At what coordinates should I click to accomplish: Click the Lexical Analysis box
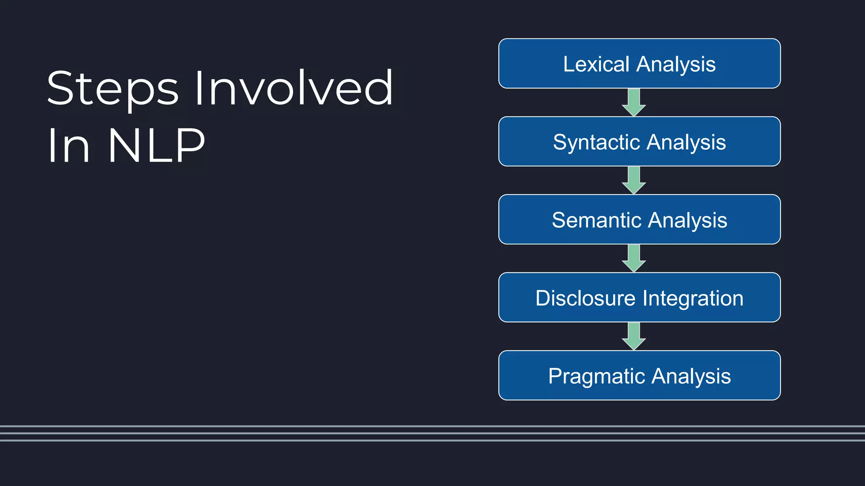[639, 63]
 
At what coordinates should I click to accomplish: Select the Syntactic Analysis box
[639, 141]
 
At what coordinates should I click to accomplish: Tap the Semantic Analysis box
[639, 219]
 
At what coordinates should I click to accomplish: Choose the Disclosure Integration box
[639, 297]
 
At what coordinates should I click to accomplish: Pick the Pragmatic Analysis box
[639, 375]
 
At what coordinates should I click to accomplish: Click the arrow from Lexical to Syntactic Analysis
[634, 103]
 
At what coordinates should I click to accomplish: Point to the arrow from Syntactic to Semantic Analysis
[634, 181]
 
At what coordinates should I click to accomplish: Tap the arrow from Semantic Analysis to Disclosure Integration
[634, 259]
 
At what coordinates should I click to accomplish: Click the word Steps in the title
[113, 89]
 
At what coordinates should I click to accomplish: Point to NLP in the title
[157, 145]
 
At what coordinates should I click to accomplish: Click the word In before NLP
[68, 145]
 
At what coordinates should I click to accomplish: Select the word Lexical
[596, 64]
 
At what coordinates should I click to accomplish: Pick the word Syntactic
[597, 143]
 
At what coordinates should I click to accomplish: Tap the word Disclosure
[585, 298]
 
